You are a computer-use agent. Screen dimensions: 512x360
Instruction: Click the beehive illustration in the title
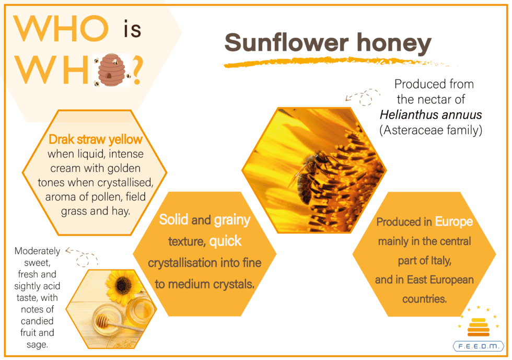coord(112,70)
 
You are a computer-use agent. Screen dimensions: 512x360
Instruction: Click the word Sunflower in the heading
coord(287,43)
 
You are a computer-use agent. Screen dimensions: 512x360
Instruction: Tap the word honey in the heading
coord(394,43)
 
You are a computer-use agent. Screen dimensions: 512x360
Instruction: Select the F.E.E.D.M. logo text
coord(479,346)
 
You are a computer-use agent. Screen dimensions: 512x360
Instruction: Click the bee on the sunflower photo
coord(310,175)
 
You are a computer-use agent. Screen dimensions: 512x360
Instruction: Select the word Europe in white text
coord(454,222)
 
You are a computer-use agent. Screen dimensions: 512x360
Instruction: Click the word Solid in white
coord(173,219)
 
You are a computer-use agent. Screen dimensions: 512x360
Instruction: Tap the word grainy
coord(232,220)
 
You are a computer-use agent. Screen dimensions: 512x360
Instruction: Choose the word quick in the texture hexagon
coord(225,242)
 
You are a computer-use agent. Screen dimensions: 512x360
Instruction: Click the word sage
coord(37,345)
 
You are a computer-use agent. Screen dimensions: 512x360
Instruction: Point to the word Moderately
coord(37,251)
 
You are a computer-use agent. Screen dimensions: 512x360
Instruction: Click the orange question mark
coord(137,70)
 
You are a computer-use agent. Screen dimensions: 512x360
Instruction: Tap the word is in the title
coord(132,29)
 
